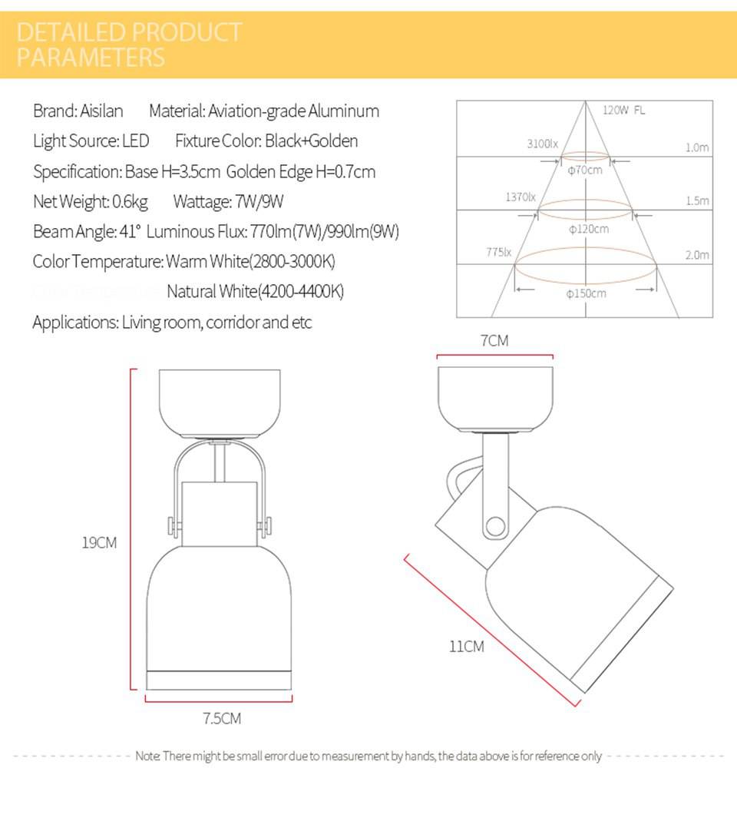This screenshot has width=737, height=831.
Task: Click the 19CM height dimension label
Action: point(99,543)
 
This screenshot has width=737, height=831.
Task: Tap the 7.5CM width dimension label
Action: point(222,719)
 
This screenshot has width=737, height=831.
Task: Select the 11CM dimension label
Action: point(467,647)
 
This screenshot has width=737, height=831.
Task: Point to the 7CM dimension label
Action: point(494,340)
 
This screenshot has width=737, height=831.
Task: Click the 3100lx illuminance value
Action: point(542,144)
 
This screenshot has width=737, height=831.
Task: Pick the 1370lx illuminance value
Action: point(521,197)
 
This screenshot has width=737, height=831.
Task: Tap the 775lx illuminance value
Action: point(498,251)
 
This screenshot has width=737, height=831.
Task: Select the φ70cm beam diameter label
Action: point(585,170)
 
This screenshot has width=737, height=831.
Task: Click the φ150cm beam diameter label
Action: point(586,293)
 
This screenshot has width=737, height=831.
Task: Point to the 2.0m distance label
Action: point(697,255)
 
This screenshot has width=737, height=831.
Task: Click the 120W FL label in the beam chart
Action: point(623,111)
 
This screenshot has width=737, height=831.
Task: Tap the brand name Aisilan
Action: point(101,111)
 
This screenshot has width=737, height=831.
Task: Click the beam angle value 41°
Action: point(131,232)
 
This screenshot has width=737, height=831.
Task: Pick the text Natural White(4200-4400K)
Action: point(255,292)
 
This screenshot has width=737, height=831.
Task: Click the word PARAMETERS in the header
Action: point(91,58)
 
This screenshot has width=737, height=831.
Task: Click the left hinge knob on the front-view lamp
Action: point(170,526)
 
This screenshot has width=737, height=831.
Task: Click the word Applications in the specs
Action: point(74,323)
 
